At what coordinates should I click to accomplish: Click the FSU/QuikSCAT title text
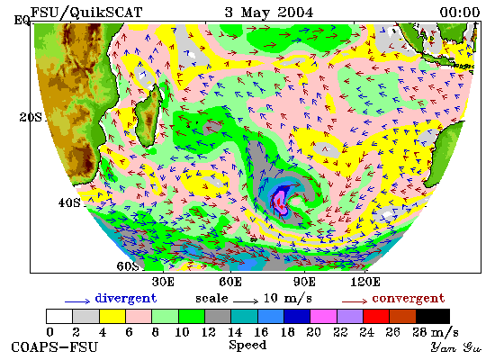tap(86, 13)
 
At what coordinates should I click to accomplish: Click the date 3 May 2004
tap(269, 13)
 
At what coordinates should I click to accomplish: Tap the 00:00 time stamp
tap(460, 13)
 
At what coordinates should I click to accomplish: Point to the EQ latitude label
tap(22, 21)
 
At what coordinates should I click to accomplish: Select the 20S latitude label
tap(31, 118)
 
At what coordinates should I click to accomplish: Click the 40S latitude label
tap(69, 202)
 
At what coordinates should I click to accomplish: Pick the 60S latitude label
tap(128, 266)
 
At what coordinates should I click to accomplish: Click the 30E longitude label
tap(163, 282)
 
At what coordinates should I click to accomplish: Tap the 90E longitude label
tap(304, 282)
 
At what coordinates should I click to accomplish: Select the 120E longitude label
tap(365, 282)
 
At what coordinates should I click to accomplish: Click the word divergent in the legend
tap(126, 299)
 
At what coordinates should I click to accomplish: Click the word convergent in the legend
tap(409, 299)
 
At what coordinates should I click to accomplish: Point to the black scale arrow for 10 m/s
tap(246, 301)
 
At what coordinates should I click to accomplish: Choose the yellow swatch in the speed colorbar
tap(112, 317)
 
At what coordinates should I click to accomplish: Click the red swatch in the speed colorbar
tap(376, 317)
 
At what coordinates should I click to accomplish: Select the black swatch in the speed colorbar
tap(433, 317)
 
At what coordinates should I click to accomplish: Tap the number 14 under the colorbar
tap(235, 332)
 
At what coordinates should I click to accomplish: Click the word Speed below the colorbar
tap(247, 346)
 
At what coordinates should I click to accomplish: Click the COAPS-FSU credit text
tap(54, 347)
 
